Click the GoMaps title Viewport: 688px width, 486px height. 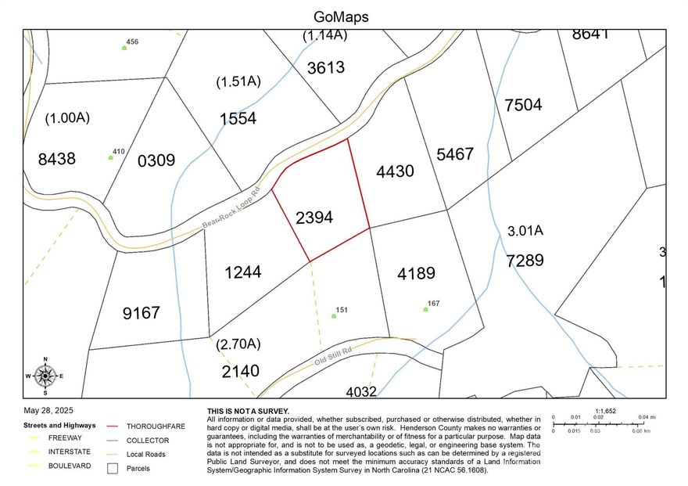[x=341, y=16]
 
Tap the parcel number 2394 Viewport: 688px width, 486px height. [x=314, y=218]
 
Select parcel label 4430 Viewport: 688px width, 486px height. [x=395, y=171]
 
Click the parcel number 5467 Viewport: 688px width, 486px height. [x=455, y=154]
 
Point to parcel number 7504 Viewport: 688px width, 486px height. [x=523, y=105]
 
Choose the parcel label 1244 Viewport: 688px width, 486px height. [x=242, y=272]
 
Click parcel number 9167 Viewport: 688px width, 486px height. [x=141, y=313]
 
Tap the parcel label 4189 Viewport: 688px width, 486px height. [x=416, y=274]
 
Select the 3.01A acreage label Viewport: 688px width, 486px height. [x=525, y=232]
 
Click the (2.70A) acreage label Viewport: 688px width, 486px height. [x=238, y=344]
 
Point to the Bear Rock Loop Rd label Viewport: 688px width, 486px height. [x=231, y=207]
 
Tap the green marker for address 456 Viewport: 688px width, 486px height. [x=124, y=48]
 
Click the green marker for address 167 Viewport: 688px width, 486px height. [x=426, y=309]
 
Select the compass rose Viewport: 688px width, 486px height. [x=45, y=376]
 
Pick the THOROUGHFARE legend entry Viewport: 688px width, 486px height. [x=152, y=426]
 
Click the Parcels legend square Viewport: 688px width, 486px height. [x=113, y=469]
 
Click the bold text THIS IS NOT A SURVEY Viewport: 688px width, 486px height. [x=248, y=411]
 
